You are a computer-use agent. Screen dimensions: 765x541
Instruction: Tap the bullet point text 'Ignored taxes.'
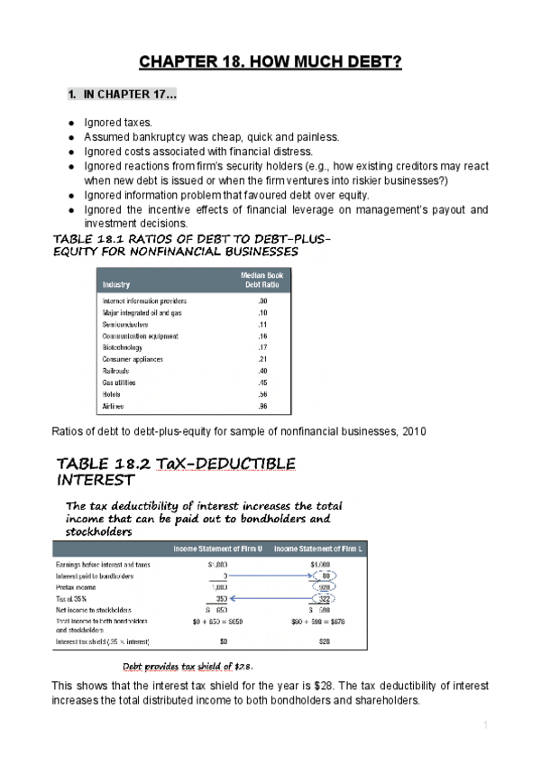[118, 122]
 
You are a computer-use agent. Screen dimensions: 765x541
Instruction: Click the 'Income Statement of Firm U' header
[217, 548]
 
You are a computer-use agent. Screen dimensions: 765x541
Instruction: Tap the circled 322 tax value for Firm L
[325, 597]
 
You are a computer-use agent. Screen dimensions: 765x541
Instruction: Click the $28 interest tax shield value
[321, 641]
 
